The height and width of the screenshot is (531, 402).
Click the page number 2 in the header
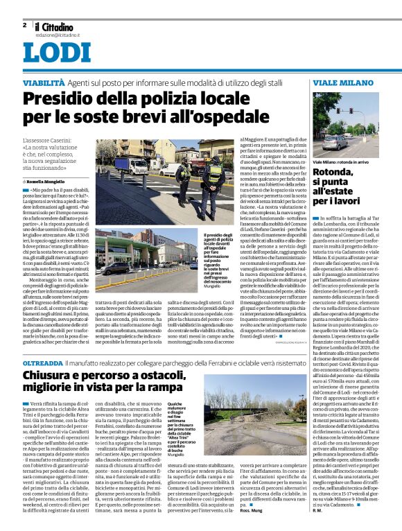coord(24,26)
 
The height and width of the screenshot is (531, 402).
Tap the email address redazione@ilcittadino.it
coord(58,35)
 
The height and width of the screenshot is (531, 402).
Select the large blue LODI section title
coord(56,54)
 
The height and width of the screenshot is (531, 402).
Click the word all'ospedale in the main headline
coord(216,119)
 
